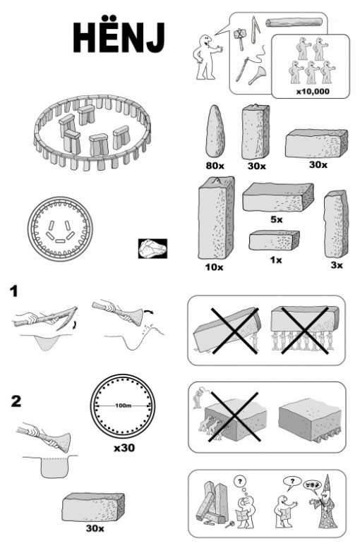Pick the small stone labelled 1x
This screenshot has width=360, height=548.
275,240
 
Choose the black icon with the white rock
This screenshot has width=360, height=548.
152,249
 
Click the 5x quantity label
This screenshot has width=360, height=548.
276,220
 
